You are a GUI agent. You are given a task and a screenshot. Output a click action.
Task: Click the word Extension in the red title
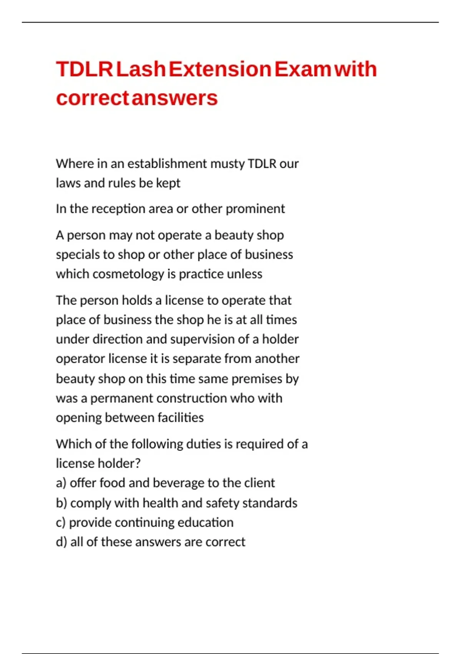(x=220, y=69)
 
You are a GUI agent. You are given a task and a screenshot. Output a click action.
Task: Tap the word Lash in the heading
(x=141, y=69)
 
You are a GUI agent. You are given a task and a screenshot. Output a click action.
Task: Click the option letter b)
(x=61, y=503)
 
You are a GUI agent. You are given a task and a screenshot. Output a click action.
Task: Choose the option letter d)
(x=61, y=542)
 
